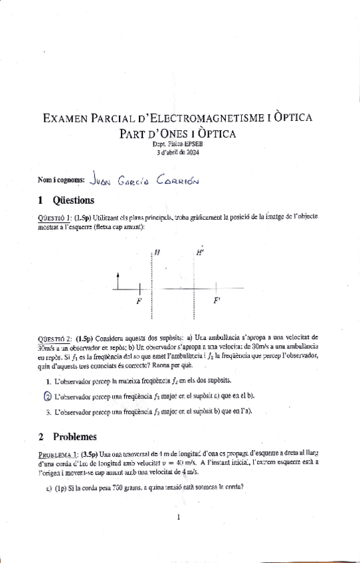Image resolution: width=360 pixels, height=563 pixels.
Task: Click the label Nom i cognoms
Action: (x=62, y=179)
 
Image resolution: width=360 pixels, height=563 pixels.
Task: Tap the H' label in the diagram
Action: (x=200, y=252)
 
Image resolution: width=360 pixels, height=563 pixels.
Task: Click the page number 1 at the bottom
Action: (x=179, y=517)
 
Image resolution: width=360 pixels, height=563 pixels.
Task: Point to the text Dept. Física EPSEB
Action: (x=180, y=144)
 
